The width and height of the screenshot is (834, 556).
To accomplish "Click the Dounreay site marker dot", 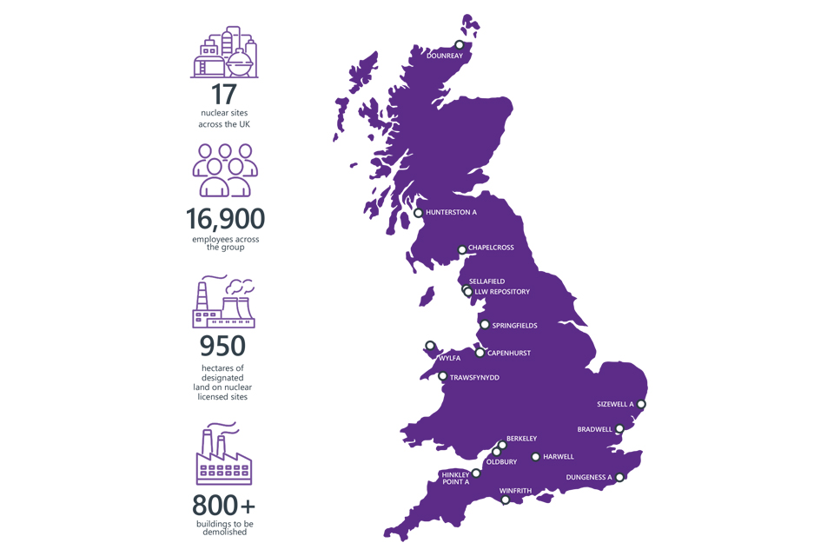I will click(x=460, y=45).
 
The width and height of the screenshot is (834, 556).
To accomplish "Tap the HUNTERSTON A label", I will click(x=451, y=213).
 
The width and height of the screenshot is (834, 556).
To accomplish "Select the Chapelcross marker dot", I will click(x=462, y=250).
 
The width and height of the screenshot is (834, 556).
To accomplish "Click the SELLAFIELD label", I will click(x=486, y=281).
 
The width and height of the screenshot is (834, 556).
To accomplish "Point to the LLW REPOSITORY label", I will click(x=502, y=292).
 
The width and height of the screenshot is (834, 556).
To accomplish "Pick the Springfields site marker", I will click(x=485, y=325).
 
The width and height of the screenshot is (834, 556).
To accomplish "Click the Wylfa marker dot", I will click(x=430, y=346).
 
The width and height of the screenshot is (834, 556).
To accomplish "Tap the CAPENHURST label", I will click(x=508, y=354).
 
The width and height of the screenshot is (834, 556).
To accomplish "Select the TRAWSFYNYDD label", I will click(x=474, y=378).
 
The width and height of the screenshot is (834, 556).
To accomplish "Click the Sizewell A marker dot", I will click(x=641, y=404).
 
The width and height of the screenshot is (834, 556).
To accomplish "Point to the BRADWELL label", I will click(x=594, y=429).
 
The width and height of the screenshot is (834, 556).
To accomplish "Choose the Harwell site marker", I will click(x=535, y=457).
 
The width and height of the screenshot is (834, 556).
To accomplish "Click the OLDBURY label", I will click(x=501, y=462).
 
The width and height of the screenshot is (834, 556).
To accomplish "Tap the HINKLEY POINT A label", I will click(x=455, y=479).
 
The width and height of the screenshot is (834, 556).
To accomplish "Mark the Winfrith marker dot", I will click(x=506, y=500).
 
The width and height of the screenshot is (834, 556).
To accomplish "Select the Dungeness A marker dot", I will click(x=620, y=477).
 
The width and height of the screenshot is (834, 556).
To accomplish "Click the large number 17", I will click(x=224, y=95).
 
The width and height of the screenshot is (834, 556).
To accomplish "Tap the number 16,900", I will click(x=225, y=218).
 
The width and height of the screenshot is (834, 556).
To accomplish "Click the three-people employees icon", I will click(x=225, y=169).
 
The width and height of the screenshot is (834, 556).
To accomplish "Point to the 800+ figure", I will click(x=224, y=505).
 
